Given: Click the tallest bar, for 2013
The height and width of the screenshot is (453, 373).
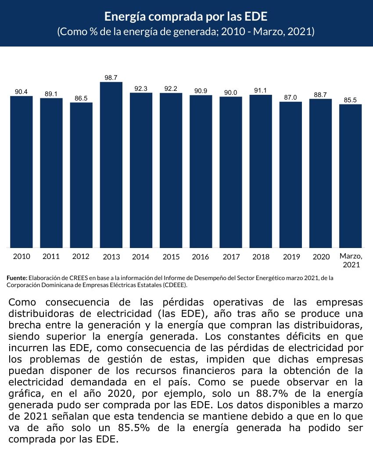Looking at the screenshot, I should click(x=111, y=165).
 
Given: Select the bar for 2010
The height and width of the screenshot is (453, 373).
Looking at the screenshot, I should click(x=22, y=172).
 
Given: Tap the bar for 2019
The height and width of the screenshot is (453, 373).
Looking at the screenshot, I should click(x=291, y=175).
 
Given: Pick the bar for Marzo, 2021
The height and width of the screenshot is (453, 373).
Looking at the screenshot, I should click(x=350, y=176).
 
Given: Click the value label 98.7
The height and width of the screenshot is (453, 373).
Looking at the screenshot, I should click(x=111, y=78).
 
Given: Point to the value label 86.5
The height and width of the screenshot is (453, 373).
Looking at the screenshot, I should click(x=81, y=98).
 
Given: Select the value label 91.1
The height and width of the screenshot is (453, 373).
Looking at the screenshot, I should click(x=261, y=90).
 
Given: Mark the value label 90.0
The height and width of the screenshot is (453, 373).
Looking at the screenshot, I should click(x=230, y=93).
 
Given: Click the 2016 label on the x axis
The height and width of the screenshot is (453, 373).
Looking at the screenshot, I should click(x=201, y=257).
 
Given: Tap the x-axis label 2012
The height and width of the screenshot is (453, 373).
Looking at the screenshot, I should click(x=81, y=257).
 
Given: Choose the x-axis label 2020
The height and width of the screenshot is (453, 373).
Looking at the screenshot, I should click(x=321, y=257).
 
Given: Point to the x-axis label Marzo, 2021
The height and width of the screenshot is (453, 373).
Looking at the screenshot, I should click(x=351, y=260).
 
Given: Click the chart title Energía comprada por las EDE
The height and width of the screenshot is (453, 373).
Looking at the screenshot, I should click(x=186, y=17).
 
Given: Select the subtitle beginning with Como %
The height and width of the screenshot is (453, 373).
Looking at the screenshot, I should click(x=186, y=32).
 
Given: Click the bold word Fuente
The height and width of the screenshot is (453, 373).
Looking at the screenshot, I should click(x=17, y=278).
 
